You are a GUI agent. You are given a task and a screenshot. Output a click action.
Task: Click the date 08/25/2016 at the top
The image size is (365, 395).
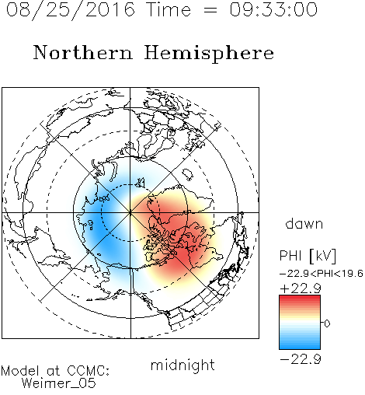point(71,10)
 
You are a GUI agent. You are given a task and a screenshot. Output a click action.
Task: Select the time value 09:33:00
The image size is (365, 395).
point(273,9)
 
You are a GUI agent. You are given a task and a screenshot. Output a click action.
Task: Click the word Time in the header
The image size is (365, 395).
point(169,9)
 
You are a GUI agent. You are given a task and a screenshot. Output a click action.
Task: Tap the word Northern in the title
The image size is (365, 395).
point(83,52)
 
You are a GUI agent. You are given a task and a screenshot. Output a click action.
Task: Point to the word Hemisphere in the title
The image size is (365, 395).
point(209,54)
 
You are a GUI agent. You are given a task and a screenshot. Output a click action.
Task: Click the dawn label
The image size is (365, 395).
point(304,223)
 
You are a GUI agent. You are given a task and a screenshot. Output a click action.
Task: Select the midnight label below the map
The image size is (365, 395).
point(182,365)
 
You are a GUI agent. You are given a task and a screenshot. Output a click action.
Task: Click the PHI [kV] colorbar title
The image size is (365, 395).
point(308,256)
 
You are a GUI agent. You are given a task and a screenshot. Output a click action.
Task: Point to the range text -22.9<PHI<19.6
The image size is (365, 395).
point(321,274)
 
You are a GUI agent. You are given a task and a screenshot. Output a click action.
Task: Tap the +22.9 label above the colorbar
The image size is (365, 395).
point(301,288)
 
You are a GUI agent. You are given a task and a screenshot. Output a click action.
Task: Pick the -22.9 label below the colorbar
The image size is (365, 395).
point(301,359)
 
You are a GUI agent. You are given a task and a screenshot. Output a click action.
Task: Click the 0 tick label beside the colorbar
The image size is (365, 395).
point(327,323)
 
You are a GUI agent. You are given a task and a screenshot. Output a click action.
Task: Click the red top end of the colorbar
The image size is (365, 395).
point(300,297)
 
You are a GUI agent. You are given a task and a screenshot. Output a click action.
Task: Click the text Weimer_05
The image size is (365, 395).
point(59,383)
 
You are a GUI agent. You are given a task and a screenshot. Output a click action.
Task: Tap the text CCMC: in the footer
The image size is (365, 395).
point(88,371)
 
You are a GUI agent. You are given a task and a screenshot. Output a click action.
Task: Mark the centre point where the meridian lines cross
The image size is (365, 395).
point(130,212)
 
